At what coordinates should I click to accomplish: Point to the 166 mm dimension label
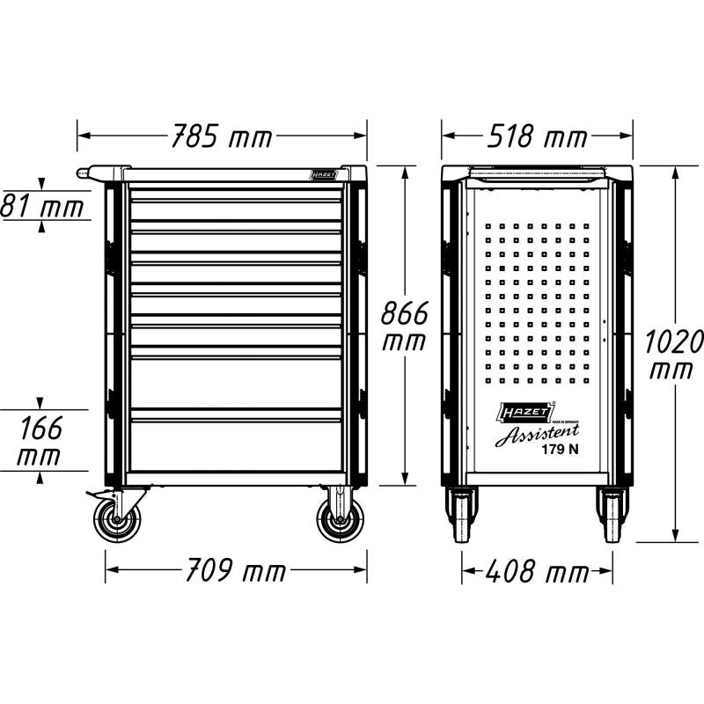pos(40,443)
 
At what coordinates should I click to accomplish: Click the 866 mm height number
pos(404,327)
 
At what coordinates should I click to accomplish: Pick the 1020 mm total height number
pos(674,354)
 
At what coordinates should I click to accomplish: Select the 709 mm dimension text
pos(235,571)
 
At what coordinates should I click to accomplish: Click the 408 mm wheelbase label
pos(537,572)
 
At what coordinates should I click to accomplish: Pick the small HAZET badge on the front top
pos(324,175)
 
